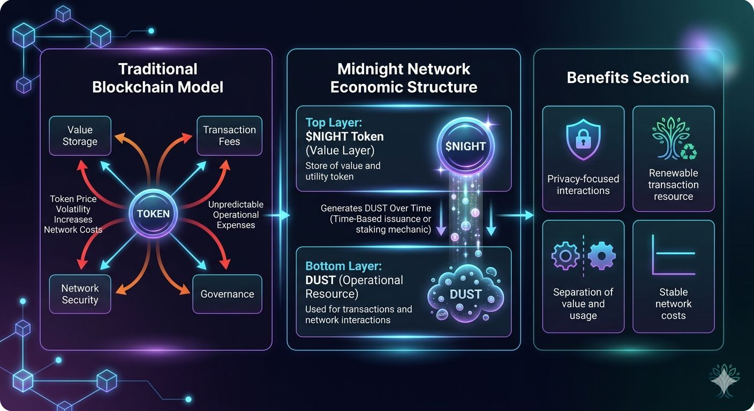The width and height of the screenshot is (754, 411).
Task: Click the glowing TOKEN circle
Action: (153, 214)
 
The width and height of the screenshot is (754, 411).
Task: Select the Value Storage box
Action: (80, 135)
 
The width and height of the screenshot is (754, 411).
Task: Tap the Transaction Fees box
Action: (229, 135)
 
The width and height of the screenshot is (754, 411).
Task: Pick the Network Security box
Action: (80, 294)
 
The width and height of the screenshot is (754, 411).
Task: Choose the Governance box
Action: (227, 294)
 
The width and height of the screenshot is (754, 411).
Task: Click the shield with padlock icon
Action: (583, 140)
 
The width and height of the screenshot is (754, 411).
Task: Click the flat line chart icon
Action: (673, 255)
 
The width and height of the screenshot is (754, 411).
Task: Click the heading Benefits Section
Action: (628, 78)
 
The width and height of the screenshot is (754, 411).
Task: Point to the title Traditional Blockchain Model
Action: (157, 78)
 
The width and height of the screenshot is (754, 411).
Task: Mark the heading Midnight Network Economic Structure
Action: (403, 78)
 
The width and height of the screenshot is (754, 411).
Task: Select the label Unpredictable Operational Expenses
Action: (236, 215)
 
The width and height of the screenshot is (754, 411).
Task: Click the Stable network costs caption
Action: (673, 303)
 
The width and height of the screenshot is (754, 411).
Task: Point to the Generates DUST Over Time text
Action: (375, 208)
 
